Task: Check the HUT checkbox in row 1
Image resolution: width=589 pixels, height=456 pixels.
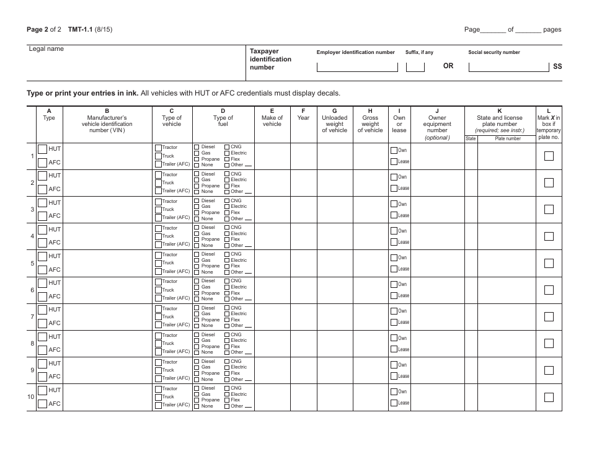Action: coord(42,149)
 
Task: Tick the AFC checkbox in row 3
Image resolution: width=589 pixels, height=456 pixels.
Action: coord(42,216)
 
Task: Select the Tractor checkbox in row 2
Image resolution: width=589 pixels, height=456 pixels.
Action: coord(158,174)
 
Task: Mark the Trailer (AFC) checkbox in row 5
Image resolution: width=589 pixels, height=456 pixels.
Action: coord(158,271)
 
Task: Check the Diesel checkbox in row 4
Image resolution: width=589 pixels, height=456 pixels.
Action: coord(197,228)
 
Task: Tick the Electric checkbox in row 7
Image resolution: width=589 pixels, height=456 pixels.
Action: coord(227,313)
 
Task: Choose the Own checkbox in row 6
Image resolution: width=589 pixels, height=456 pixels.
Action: coord(394,284)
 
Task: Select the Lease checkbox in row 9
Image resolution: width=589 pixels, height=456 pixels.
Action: coord(394,376)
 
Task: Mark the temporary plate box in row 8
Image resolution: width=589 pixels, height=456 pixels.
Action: coord(549,343)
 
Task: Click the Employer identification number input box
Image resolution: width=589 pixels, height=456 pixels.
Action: coord(356,66)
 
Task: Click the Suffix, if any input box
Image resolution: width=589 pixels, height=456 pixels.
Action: coord(415,66)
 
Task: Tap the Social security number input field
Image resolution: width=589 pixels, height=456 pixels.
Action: coord(508,66)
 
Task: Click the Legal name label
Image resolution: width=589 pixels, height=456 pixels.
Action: coord(46,49)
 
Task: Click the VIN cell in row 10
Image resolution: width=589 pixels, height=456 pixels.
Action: coord(107,397)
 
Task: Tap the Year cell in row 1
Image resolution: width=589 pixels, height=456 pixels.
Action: coord(303,156)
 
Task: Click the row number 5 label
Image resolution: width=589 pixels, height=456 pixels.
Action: coord(32,263)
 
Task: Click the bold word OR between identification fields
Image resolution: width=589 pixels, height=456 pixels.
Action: coord(448,66)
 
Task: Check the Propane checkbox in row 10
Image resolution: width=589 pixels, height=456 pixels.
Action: coord(197,400)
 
